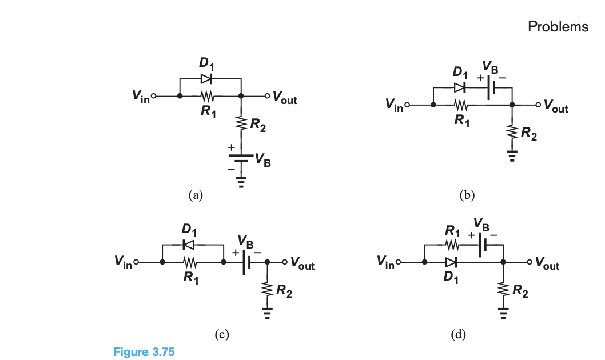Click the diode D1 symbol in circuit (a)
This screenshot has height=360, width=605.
point(206,78)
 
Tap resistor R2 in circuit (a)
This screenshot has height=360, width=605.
point(241,123)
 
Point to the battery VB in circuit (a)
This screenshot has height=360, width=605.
point(241,157)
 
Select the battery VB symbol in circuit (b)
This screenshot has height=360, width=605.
point(489,89)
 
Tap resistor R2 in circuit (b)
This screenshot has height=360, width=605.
point(512,132)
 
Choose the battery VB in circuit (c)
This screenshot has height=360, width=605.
point(246,263)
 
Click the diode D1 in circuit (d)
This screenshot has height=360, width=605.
point(451,262)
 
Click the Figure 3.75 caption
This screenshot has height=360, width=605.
point(144,351)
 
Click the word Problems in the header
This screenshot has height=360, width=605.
point(558,26)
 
